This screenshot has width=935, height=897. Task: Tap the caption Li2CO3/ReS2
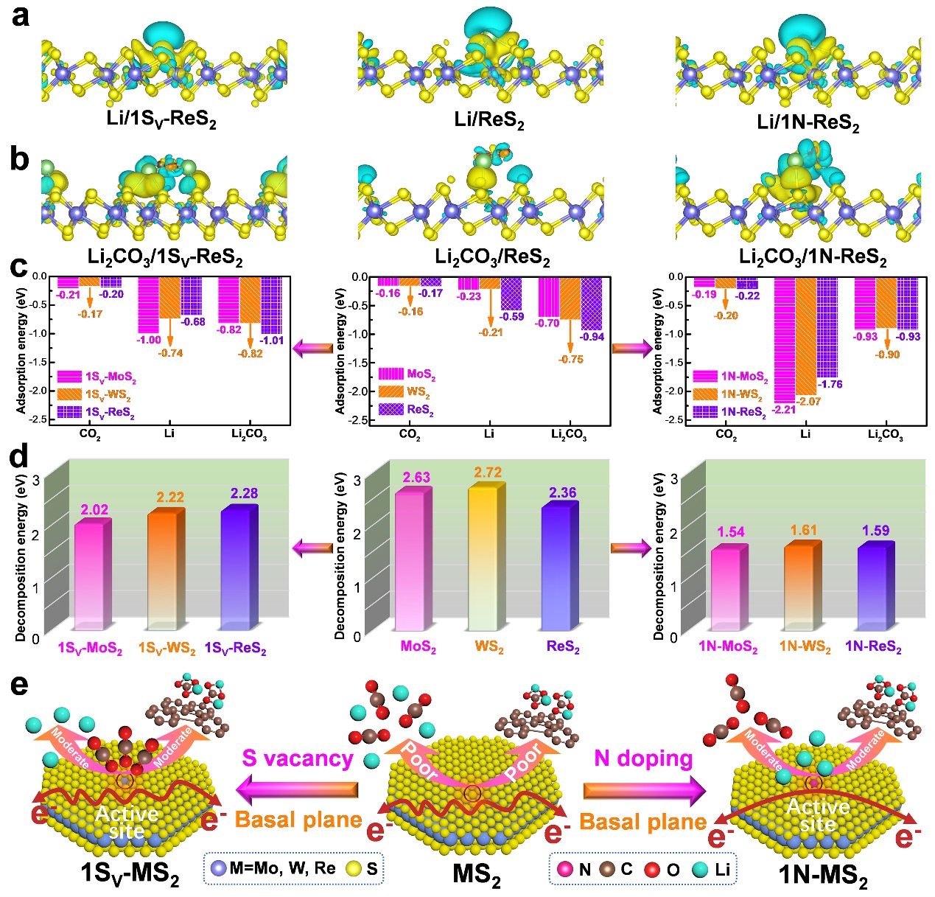492,257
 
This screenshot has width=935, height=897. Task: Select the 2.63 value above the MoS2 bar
416,478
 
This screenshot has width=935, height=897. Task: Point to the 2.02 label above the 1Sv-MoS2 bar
94,509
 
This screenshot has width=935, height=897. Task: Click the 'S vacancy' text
298,758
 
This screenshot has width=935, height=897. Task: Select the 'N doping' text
643,758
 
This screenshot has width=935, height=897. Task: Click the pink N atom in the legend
566,869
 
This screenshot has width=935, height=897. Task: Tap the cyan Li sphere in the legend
700,869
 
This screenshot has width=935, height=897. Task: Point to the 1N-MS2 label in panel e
822,876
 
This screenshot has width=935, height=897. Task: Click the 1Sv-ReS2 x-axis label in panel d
235,649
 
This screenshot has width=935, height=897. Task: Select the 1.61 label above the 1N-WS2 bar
805,531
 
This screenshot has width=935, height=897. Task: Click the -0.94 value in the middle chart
592,337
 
